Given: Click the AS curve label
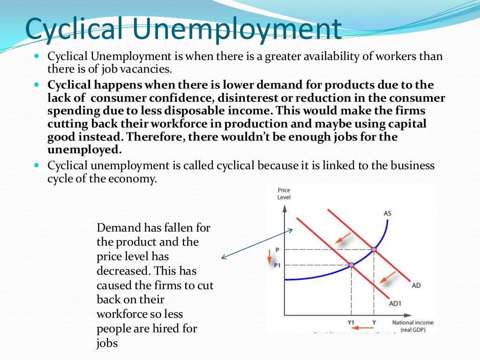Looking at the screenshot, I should tap(387, 214).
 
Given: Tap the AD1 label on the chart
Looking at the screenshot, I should tap(396, 303).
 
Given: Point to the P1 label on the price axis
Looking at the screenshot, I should tap(277, 265).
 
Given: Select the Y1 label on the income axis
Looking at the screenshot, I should tap(351, 322).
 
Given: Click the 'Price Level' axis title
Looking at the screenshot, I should tap(284, 194).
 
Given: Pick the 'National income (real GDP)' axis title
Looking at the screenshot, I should tap(412, 326).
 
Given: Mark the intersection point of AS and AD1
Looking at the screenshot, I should tap(351, 265).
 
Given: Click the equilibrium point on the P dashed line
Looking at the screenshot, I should tap(374, 249).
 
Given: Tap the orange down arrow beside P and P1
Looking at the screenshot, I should tap(270, 257).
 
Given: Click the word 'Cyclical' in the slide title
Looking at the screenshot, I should tap(75, 29).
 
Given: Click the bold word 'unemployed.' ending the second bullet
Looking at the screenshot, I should tap(84, 150).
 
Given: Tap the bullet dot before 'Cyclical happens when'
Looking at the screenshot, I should tap(37, 85).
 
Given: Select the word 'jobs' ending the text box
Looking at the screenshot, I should tap(107, 343).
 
